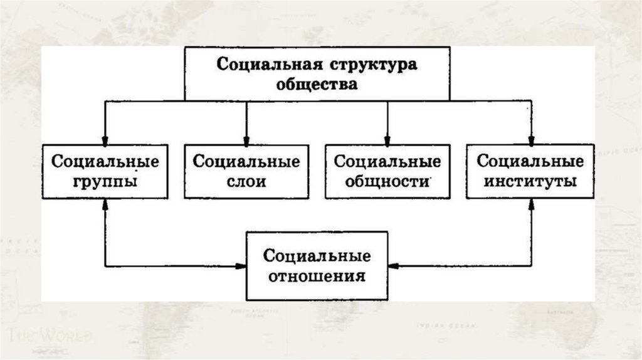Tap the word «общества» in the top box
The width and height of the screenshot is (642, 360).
tap(317, 84)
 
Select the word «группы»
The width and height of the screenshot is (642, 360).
tap(105, 182)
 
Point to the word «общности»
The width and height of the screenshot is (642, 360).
tap(387, 182)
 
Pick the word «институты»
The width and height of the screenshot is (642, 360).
tap(530, 182)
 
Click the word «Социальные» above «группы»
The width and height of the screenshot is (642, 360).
tap(105, 161)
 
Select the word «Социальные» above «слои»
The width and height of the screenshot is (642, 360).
tap(246, 161)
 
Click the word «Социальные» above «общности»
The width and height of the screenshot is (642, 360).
tap(387, 161)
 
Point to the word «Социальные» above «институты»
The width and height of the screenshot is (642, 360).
tap(530, 161)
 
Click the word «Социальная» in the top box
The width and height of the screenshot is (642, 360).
tap(270, 65)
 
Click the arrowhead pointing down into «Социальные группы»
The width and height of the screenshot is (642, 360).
tap(105, 139)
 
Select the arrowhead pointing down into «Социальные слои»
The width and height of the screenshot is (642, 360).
tap(246, 139)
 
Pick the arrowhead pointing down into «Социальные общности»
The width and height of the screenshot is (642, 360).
tap(387, 139)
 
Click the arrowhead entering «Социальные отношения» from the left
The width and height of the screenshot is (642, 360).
tap(241, 266)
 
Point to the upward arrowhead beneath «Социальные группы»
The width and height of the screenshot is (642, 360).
tap(105, 204)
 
